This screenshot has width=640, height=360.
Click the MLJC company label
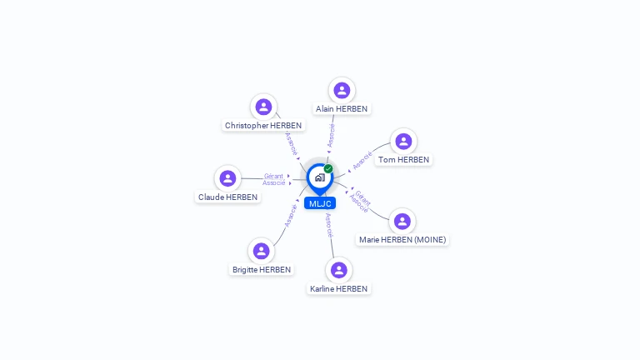pyautogui.click(x=319, y=203)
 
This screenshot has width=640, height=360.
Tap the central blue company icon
pyautogui.click(x=319, y=177)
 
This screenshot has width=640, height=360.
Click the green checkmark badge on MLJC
pyautogui.click(x=328, y=168)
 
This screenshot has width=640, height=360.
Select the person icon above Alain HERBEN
pyautogui.click(x=342, y=90)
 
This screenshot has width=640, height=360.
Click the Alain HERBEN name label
pyautogui.click(x=342, y=108)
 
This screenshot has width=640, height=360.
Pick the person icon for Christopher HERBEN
pyautogui.click(x=263, y=107)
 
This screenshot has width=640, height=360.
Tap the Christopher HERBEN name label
pyautogui.click(x=263, y=126)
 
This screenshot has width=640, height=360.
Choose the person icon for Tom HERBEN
pyautogui.click(x=403, y=141)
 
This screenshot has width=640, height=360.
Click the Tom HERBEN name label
pyautogui.click(x=403, y=159)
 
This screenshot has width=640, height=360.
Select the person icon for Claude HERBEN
pyautogui.click(x=227, y=178)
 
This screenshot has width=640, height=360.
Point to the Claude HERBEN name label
pyautogui.click(x=227, y=197)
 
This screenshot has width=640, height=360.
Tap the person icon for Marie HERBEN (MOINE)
pyautogui.click(x=402, y=221)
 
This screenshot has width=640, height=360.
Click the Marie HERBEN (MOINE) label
pyautogui.click(x=402, y=240)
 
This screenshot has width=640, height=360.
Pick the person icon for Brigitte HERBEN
pyautogui.click(x=262, y=251)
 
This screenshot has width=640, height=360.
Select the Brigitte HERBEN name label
pyautogui.click(x=262, y=270)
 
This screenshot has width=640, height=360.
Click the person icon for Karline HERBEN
pyautogui.click(x=338, y=270)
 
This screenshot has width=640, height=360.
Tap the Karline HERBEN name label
pyautogui.click(x=338, y=289)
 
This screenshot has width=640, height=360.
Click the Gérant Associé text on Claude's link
pyautogui.click(x=274, y=179)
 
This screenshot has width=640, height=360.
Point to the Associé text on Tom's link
pyautogui.click(x=362, y=160)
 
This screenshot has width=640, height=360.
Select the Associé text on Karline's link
pyautogui.click(x=329, y=226)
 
